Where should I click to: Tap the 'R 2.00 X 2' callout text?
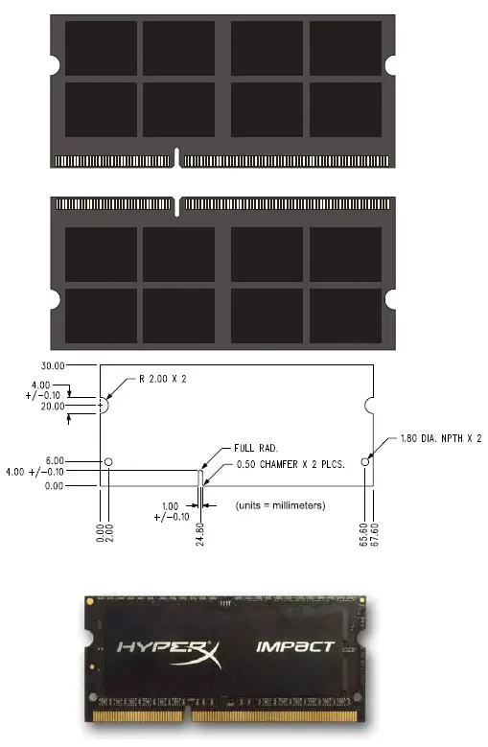[x=162, y=379]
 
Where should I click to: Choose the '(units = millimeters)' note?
[x=281, y=505]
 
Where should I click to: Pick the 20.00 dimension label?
[x=52, y=407]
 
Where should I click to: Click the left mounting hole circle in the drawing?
[x=108, y=461]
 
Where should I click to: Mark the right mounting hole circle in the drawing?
[x=365, y=461]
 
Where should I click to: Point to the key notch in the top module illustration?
[x=178, y=156]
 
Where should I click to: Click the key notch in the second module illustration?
[x=178, y=204]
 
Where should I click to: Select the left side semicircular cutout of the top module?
[x=55, y=65]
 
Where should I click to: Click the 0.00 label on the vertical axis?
[x=52, y=485]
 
